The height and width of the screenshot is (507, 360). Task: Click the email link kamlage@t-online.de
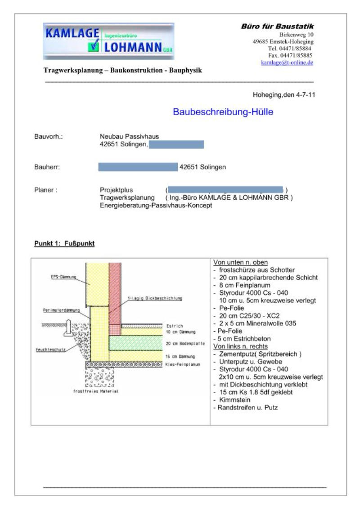287,63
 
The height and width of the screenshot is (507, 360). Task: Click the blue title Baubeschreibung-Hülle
223,112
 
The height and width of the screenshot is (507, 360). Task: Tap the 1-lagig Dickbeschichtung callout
152,298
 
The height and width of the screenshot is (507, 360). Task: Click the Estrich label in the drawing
174,326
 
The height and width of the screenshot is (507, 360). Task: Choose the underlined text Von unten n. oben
240,263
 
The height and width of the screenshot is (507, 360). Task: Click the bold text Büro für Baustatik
277,27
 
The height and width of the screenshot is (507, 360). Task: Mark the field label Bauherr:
47,167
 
